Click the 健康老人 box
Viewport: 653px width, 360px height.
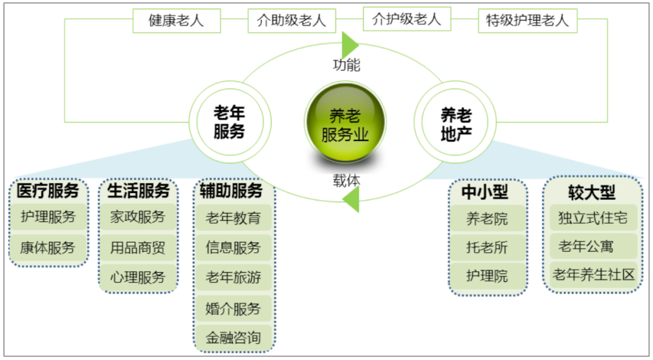tap(177, 21)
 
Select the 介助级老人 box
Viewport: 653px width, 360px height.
tap(291, 21)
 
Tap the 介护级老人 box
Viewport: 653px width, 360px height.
tap(407, 19)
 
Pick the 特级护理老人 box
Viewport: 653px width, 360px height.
tap(528, 21)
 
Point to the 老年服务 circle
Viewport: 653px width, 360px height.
tap(230, 122)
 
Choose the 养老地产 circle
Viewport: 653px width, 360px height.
tap(455, 122)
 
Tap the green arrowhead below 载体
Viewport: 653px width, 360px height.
tap(351, 199)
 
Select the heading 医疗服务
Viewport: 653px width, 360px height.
tap(48, 191)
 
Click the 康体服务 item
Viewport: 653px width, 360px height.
tap(48, 247)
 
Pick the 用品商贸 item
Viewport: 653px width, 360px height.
tap(138, 247)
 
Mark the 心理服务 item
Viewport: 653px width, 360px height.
tap(138, 277)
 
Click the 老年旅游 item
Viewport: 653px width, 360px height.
tap(233, 277)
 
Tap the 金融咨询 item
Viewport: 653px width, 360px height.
tap(233, 337)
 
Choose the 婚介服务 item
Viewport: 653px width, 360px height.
tap(233, 309)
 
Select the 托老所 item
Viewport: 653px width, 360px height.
tap(487, 247)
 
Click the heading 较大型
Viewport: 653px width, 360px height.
tap(592, 192)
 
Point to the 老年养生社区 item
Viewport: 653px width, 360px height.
tap(594, 275)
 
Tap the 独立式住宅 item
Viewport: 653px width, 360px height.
tap(594, 217)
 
